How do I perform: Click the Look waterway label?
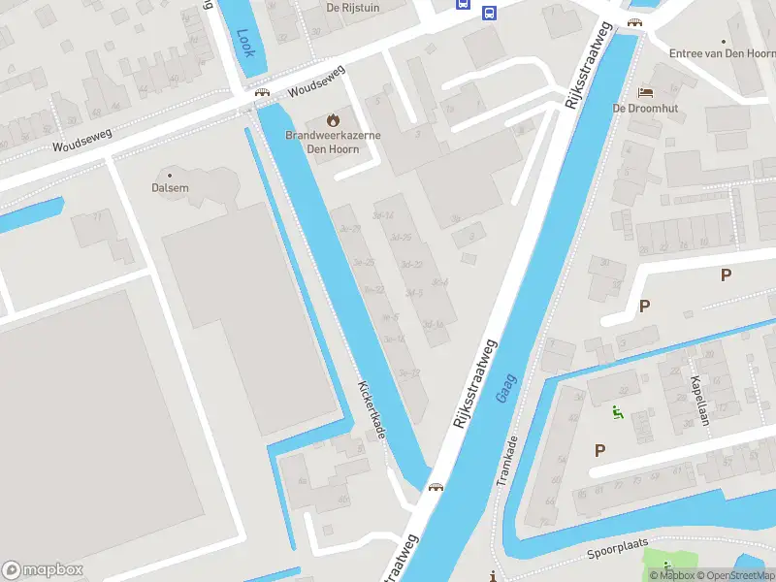(244, 42)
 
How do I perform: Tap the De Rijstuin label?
(351, 7)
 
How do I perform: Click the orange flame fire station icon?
(334, 120)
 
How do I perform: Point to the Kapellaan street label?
(697, 400)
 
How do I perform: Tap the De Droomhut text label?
(645, 109)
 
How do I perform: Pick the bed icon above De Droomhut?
(645, 92)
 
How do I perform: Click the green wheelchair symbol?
(617, 412)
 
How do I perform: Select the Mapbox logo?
(43, 570)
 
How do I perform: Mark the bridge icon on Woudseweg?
(261, 93)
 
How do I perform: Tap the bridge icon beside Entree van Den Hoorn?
(634, 22)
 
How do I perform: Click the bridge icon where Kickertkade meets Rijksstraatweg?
(436, 487)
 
